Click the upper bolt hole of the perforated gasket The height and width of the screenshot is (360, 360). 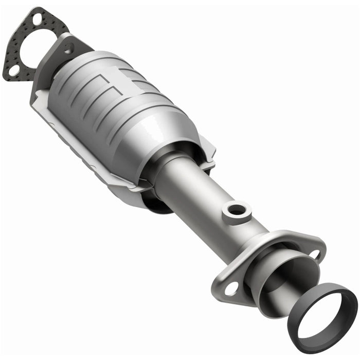point(37,20)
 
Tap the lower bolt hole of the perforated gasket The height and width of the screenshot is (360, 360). point(14,69)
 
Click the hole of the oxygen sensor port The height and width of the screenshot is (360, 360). point(237,209)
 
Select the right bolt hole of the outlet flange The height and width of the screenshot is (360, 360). point(317,253)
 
